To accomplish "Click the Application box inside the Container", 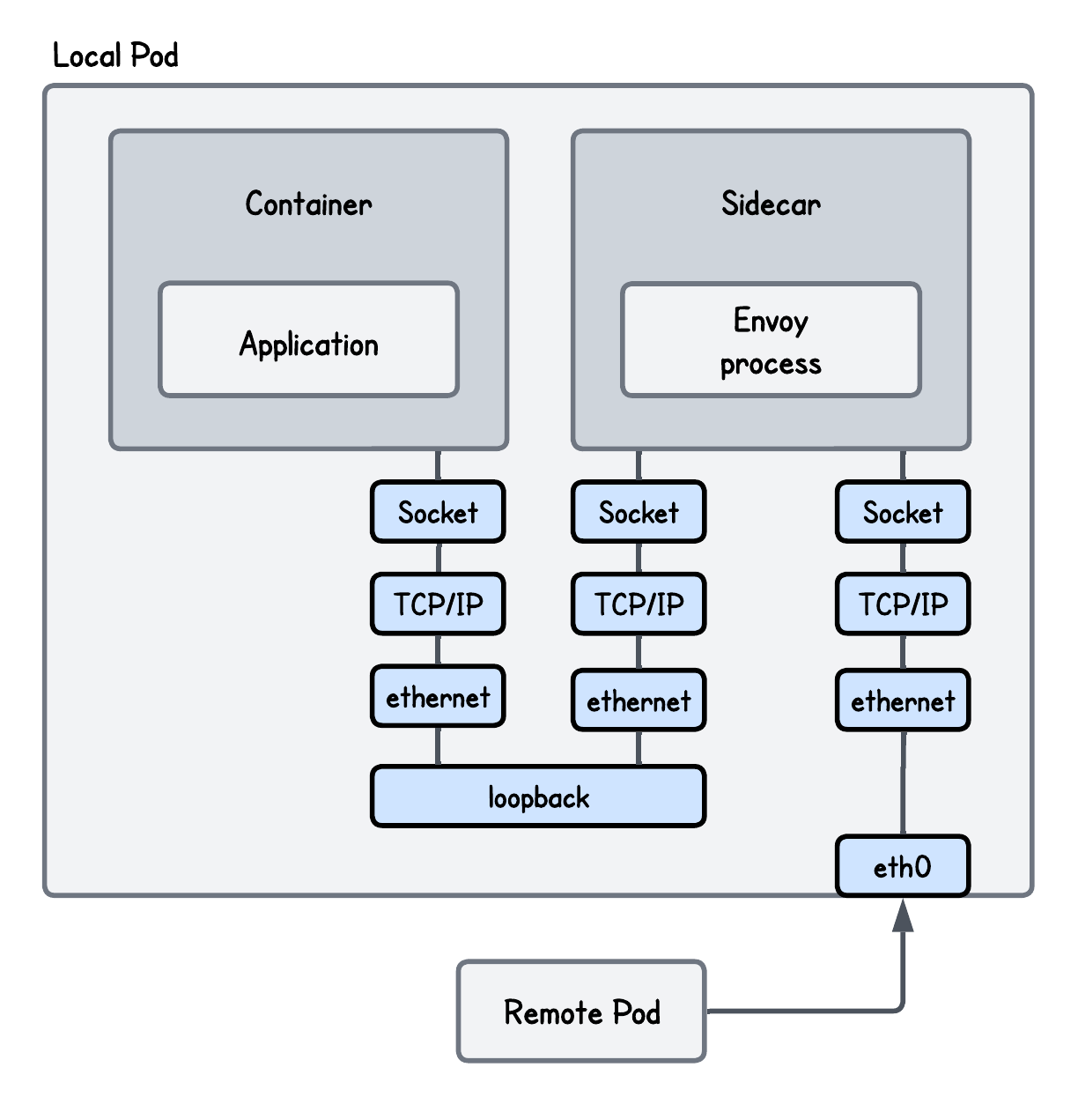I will coord(308,340).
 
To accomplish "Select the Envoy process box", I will coord(771,340).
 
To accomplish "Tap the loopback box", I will coord(538,797).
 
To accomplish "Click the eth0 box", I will coord(902,866).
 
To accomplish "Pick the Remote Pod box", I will coord(581,1011).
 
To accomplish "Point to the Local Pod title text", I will coord(115,56).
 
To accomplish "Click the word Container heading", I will coord(308,204).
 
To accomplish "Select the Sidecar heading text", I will coord(771,204).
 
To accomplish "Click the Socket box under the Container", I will coord(438,512).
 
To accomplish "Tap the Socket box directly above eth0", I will coord(902,512).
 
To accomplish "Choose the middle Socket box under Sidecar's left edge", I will coord(639,512).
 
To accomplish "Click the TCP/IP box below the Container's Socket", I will coord(438,604).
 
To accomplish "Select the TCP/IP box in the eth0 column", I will coord(902,604).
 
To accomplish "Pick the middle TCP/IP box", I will coord(639,604).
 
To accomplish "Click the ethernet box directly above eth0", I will coord(902,700).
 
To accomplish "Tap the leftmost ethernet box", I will coord(438,696).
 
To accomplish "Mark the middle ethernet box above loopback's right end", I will coord(639,700).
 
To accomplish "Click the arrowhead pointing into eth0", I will coord(902,916).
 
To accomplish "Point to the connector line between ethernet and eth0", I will coord(902,783).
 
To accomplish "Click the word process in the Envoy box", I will coord(771,364).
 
